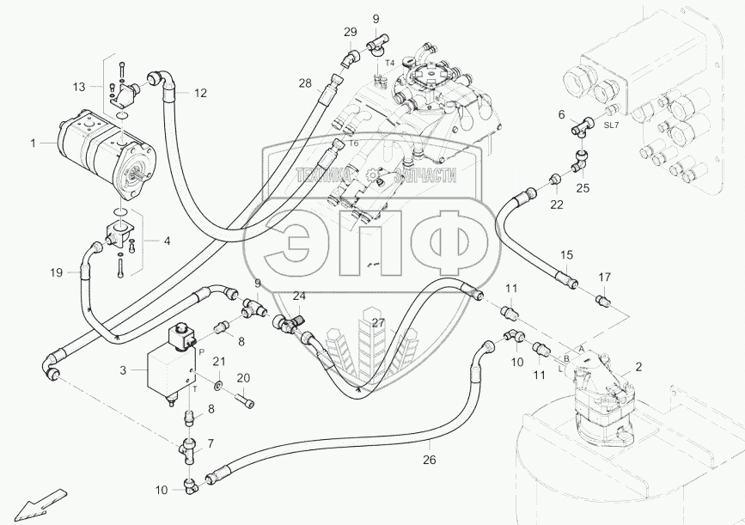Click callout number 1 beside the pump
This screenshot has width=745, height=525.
(x=34, y=143)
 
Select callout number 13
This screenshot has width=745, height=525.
(x=79, y=87)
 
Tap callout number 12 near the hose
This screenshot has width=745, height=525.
(x=199, y=93)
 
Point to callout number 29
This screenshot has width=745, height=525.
(x=350, y=32)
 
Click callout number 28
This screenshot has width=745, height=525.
(x=305, y=83)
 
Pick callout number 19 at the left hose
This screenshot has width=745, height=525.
(x=56, y=272)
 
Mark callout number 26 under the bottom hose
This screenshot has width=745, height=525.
(x=429, y=460)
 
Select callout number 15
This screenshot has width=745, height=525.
(x=566, y=255)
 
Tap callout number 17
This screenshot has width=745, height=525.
(x=604, y=277)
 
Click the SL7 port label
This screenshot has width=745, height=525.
(x=610, y=125)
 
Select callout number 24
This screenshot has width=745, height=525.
(x=298, y=296)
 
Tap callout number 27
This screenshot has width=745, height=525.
(x=378, y=324)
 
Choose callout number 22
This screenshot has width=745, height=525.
(x=558, y=205)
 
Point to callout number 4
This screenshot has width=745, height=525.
(x=167, y=241)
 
